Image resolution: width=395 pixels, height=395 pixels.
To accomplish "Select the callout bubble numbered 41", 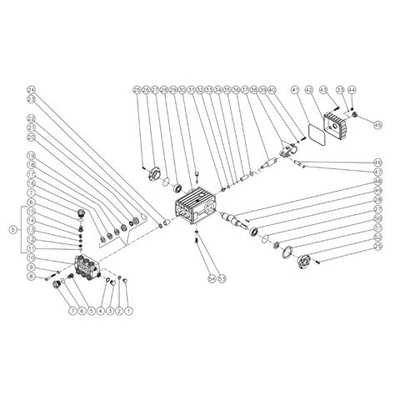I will tap(294, 89).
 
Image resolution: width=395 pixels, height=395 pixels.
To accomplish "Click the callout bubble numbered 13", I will tap(31, 229).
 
